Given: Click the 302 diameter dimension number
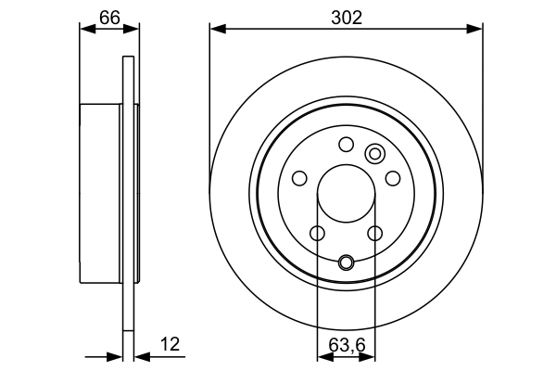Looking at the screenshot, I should (346, 16).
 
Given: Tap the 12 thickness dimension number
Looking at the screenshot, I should (170, 344).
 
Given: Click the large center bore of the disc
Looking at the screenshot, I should (346, 197).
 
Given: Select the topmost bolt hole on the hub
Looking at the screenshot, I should (346, 144).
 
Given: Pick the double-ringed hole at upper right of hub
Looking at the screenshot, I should (375, 154).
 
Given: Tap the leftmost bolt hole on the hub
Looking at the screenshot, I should (298, 178).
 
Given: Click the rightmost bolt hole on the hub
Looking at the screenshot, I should (393, 178).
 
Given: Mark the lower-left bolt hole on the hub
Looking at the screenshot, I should (316, 234).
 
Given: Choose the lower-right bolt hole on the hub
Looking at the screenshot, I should (375, 234).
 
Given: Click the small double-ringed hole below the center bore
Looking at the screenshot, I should (346, 262).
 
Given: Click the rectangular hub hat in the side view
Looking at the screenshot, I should (102, 196).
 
